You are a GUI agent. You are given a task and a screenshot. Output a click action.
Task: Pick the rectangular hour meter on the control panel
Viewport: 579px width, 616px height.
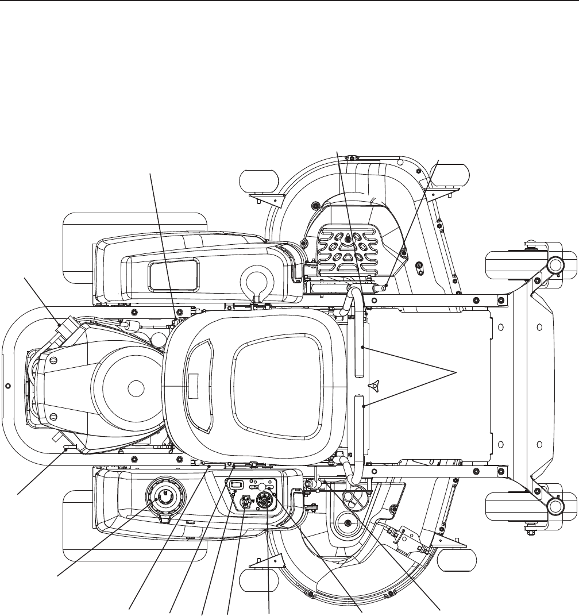coord(235,486)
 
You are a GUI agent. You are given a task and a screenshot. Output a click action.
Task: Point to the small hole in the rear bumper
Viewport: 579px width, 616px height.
coord(7,387)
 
